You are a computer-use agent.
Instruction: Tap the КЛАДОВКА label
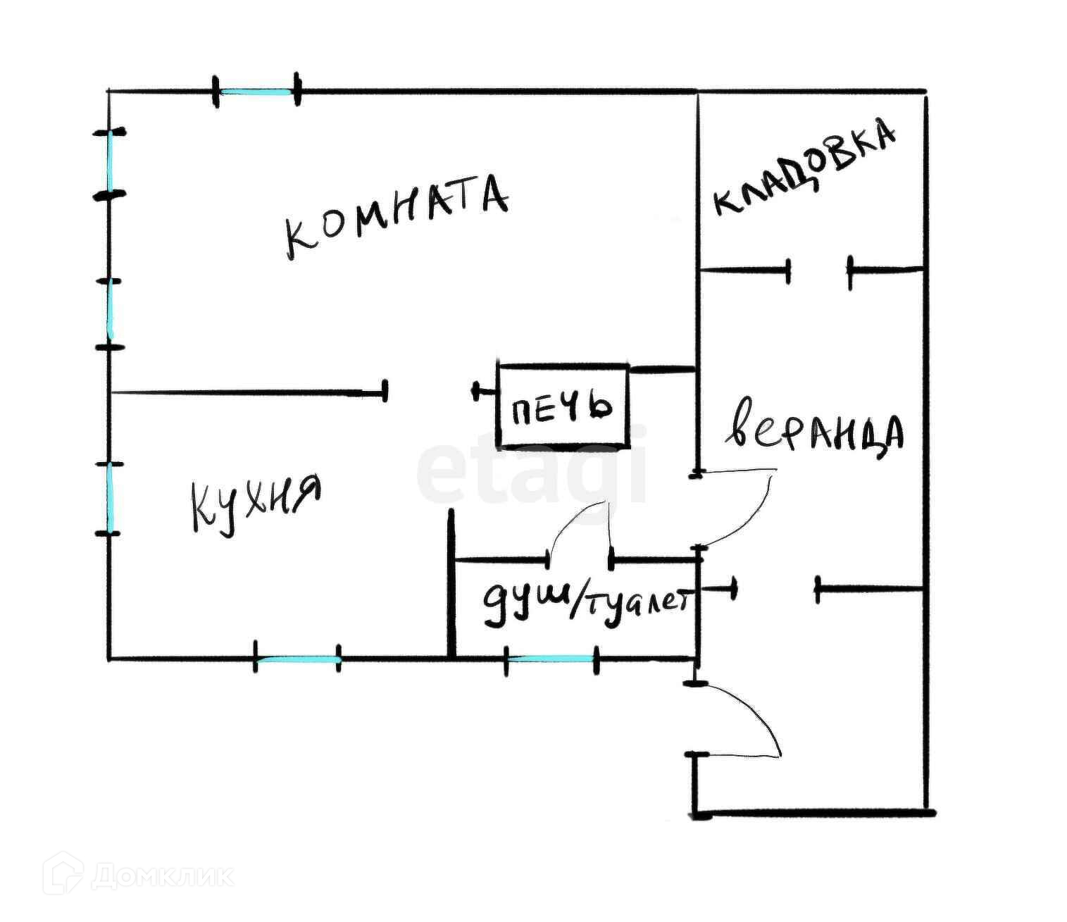(x=804, y=169)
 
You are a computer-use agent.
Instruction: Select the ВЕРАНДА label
(x=813, y=431)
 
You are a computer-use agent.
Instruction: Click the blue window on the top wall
(x=256, y=92)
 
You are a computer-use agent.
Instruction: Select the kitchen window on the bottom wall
(x=297, y=660)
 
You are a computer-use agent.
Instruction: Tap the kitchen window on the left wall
(x=110, y=498)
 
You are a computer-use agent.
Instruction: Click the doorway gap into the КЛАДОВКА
(x=818, y=269)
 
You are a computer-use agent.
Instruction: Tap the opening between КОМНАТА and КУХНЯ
(x=430, y=391)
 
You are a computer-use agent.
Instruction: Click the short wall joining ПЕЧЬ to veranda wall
(x=662, y=369)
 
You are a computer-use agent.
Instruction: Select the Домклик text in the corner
(x=162, y=877)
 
